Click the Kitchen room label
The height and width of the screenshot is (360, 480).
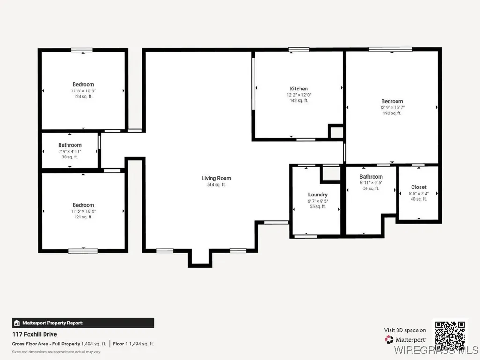[x=299, y=89]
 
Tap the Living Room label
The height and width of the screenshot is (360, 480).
[x=216, y=178]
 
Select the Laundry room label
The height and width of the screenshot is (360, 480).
[x=318, y=195]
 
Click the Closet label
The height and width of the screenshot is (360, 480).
[x=419, y=187]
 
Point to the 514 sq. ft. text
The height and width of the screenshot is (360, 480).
[x=216, y=185]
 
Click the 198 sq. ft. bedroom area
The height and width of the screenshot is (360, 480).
[x=392, y=113]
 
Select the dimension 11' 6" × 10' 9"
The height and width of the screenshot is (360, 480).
[x=83, y=90]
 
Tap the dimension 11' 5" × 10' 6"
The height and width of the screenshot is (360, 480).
[x=83, y=211]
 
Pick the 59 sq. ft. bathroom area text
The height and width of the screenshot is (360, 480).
[x=371, y=188]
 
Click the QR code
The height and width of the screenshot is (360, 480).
[x=450, y=333]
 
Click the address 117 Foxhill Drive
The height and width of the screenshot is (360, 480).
[x=34, y=334]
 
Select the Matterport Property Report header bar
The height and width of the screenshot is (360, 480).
[x=82, y=322]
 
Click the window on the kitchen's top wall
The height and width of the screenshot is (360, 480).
[x=299, y=49]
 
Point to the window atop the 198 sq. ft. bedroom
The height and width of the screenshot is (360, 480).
[x=390, y=49]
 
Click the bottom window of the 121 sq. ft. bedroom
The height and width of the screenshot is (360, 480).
[x=83, y=251]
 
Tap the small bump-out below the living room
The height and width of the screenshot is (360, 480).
[x=200, y=258]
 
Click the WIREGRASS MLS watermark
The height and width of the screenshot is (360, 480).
[x=436, y=350]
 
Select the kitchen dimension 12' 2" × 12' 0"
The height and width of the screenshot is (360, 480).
[x=299, y=95]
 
